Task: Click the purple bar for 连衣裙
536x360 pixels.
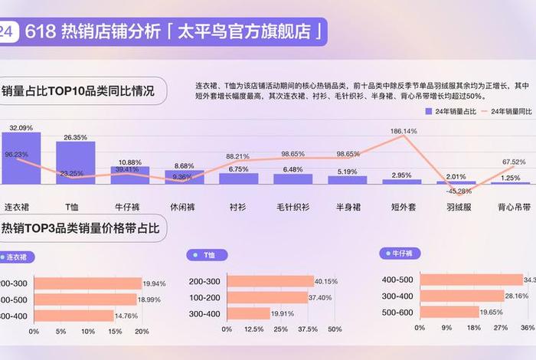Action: point(21,158)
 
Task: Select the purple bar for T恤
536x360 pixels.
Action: point(75,162)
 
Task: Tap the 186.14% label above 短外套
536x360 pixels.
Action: point(404,132)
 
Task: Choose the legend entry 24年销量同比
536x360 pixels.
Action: point(506,112)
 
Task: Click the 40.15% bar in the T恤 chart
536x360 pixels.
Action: point(268,281)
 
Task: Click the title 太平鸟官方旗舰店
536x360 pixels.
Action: point(248,32)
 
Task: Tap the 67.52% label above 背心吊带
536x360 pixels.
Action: point(514,162)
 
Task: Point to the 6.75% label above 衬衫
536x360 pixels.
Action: point(239,169)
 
